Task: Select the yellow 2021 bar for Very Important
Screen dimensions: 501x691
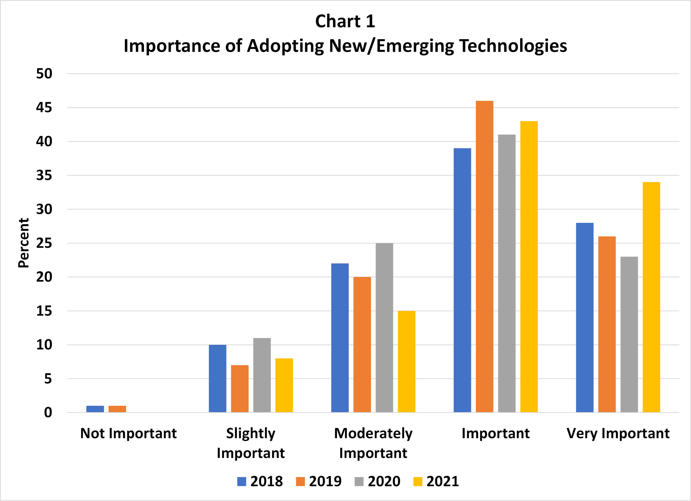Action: [x=651, y=297]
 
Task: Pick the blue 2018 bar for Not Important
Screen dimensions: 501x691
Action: [x=95, y=409]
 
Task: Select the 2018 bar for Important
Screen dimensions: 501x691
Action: [x=462, y=280]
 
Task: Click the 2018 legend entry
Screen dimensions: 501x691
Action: [x=260, y=481]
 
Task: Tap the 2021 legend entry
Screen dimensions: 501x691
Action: [x=436, y=481]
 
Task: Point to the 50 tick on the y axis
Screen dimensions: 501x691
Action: [x=44, y=74]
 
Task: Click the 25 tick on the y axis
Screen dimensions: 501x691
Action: [x=44, y=243]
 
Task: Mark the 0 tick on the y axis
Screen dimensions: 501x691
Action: [x=48, y=412]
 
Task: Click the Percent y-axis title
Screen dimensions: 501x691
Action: [x=23, y=243]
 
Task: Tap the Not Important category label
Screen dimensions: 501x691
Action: [x=128, y=433]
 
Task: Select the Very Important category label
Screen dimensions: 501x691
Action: [x=618, y=433]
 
